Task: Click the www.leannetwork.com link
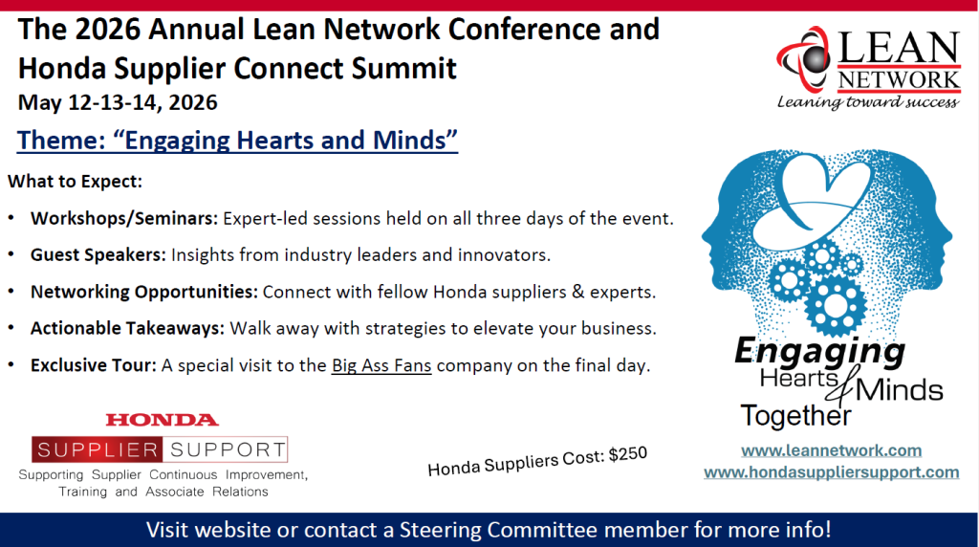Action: tap(831, 450)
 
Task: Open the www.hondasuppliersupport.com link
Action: tap(831, 472)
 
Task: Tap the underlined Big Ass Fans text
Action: tap(381, 364)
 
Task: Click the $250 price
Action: tap(627, 454)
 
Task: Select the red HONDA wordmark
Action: tap(163, 420)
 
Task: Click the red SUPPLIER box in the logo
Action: tap(98, 449)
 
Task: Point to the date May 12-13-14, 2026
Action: tap(118, 102)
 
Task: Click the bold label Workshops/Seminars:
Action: tap(124, 219)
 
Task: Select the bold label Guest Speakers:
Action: tap(98, 254)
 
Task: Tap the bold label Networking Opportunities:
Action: tap(144, 292)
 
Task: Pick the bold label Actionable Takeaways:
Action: tap(127, 328)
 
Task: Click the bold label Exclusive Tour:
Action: tap(94, 365)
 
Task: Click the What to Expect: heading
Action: tap(75, 182)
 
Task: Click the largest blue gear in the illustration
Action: tap(835, 305)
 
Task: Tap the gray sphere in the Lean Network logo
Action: tap(814, 60)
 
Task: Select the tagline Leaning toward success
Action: tap(868, 101)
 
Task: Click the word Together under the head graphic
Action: tap(795, 416)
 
